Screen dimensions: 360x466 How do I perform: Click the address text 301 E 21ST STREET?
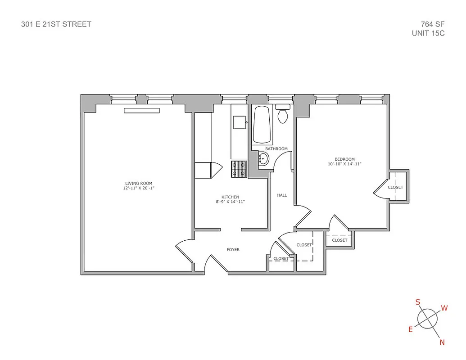point(56,24)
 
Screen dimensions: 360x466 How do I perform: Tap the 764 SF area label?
point(433,24)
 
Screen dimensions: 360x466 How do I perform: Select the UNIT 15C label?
point(428,33)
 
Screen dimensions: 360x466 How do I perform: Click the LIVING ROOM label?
point(139,183)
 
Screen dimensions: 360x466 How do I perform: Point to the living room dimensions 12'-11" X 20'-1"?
point(139,188)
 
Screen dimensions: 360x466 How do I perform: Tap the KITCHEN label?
point(230,197)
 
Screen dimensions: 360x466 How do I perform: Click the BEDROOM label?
point(344,159)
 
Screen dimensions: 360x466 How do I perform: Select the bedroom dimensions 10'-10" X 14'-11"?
point(344,164)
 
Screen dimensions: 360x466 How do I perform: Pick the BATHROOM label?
point(276,148)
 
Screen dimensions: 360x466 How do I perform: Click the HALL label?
point(282,195)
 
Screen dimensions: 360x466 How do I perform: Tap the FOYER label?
point(233,249)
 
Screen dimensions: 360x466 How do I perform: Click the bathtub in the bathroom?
point(261,125)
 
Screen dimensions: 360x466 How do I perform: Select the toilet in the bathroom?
point(283,115)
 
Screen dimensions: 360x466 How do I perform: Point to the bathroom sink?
point(263,158)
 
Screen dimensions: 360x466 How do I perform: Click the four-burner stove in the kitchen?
point(239,169)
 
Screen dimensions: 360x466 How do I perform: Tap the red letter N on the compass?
point(442,342)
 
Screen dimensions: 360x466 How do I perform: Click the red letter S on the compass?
point(418,301)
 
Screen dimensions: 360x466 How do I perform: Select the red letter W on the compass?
point(444,308)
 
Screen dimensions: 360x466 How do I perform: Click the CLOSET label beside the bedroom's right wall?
point(395,187)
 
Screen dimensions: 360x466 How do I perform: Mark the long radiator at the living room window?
point(142,111)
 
